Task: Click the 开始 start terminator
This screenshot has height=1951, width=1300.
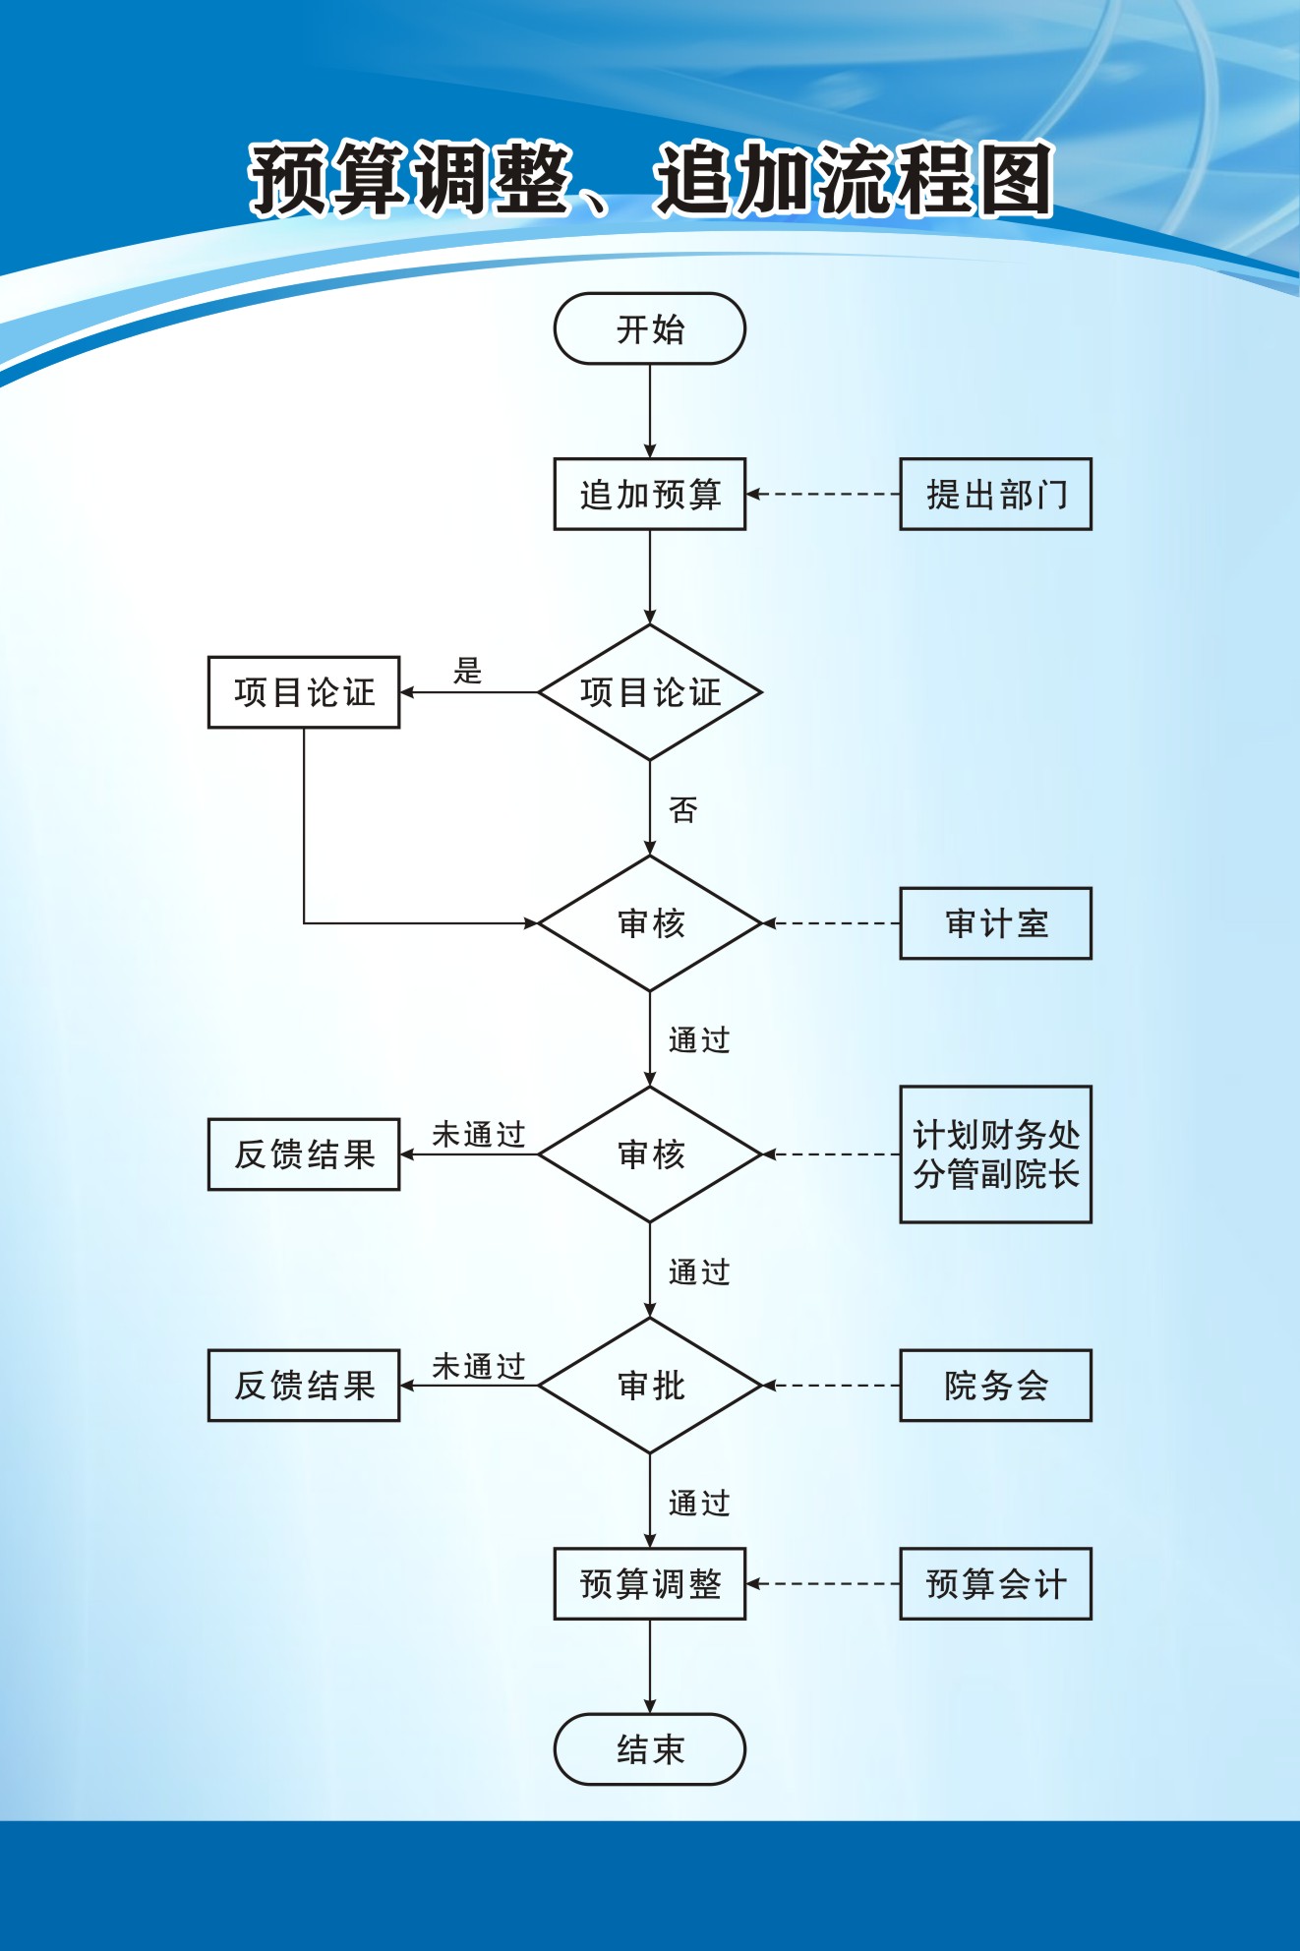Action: [x=649, y=328]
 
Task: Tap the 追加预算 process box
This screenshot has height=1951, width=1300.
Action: [x=649, y=494]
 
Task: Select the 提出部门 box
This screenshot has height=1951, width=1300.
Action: [x=995, y=494]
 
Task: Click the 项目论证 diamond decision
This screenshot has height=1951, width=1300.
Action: [x=649, y=692]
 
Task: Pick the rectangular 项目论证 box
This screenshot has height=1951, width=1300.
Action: [x=304, y=692]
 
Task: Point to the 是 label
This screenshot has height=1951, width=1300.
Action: [x=467, y=672]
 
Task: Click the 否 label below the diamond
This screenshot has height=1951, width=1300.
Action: [x=682, y=810]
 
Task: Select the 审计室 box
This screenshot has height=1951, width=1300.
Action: [x=995, y=923]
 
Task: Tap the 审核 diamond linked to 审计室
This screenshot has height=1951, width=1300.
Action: [x=649, y=923]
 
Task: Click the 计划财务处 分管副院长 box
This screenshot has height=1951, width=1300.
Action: [x=995, y=1154]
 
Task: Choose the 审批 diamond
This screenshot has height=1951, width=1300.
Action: [x=649, y=1386]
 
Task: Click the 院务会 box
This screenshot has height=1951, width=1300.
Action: [x=995, y=1386]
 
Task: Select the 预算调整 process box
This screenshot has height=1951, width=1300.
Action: [x=649, y=1584]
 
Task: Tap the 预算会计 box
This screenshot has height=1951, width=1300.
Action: [x=995, y=1584]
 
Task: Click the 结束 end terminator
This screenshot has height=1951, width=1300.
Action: [x=649, y=1749]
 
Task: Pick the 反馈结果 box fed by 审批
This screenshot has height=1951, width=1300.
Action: [x=304, y=1386]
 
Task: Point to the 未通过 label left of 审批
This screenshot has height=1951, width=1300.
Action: [x=479, y=1366]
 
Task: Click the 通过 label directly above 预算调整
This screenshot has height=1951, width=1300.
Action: [x=699, y=1504]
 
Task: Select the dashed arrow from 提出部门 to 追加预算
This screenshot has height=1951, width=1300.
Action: [x=823, y=494]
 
